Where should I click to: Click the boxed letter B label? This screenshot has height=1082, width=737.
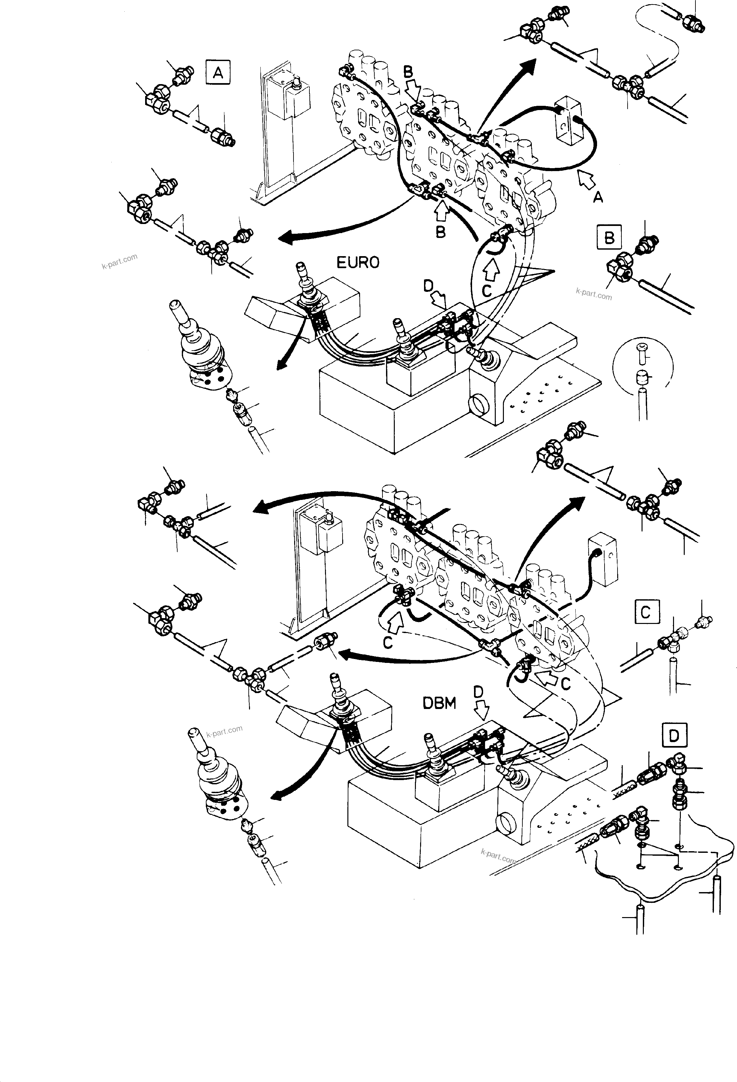click(x=609, y=238)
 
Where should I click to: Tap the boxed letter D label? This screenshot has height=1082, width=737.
click(x=674, y=736)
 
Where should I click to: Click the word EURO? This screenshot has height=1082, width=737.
click(x=357, y=263)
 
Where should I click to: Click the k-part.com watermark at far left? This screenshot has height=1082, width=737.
click(x=120, y=262)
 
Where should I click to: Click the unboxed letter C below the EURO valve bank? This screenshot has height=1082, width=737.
click(x=486, y=291)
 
